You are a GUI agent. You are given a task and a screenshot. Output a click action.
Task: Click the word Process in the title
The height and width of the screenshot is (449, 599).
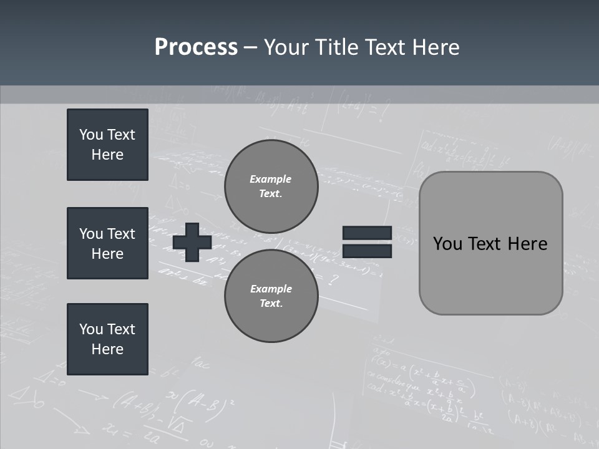(196, 47)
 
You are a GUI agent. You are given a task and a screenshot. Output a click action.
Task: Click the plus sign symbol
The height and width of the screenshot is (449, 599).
(192, 242)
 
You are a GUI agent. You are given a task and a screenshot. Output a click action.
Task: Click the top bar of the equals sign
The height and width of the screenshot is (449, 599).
(367, 233)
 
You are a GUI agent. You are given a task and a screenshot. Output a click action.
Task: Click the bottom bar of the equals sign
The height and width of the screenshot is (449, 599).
(367, 251)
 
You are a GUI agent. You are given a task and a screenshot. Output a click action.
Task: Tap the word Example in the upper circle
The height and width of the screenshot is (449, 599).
(270, 179)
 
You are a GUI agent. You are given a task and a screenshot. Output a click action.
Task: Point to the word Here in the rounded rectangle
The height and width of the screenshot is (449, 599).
(527, 244)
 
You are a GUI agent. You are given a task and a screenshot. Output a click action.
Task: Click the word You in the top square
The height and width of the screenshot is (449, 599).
(90, 135)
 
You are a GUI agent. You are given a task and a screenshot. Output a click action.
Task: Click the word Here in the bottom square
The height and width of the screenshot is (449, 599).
(107, 349)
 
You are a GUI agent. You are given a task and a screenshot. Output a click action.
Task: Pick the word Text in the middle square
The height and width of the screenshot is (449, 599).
(121, 234)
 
